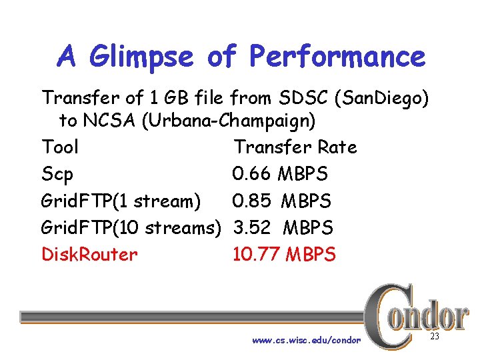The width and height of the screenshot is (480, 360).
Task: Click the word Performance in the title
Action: [x=337, y=57]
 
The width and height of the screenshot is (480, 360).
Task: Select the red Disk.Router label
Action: [x=89, y=254]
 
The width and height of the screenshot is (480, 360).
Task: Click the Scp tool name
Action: [x=57, y=174]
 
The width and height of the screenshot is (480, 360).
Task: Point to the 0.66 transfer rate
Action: [x=251, y=174]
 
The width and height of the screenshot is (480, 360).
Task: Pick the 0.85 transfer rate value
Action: [x=251, y=201]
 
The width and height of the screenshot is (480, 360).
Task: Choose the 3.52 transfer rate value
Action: [x=252, y=227]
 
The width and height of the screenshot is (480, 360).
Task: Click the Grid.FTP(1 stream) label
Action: [x=121, y=201]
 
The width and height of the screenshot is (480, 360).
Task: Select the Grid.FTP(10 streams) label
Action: [x=131, y=227]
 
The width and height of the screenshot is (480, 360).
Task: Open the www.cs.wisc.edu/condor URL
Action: [x=306, y=341]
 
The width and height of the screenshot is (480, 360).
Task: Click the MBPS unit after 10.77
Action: [x=311, y=254]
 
